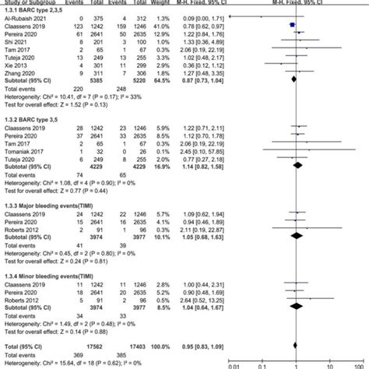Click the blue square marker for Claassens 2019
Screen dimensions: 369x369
[x=292, y=25]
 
